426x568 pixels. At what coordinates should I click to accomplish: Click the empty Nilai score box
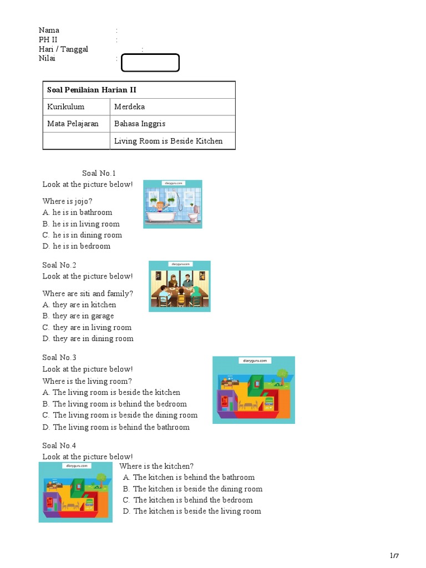click(150, 63)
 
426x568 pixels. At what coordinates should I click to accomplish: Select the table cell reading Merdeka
click(129, 106)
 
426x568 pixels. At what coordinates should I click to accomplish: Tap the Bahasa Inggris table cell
click(139, 124)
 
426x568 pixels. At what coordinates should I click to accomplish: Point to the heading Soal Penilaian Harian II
click(92, 90)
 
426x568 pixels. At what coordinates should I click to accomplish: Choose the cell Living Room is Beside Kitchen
click(168, 141)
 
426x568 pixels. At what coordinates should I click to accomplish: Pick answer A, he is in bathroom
click(77, 212)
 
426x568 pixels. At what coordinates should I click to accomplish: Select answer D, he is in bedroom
click(76, 246)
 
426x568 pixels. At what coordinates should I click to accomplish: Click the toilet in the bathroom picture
click(193, 215)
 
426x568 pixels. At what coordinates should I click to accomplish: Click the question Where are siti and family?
click(88, 293)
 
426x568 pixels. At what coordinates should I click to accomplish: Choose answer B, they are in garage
click(78, 316)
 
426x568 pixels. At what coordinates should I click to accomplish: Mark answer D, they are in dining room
click(88, 339)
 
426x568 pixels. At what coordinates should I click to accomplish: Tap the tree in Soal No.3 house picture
click(282, 374)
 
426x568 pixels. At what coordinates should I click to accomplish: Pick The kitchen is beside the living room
click(192, 511)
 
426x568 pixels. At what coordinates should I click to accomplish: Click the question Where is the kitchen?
click(156, 466)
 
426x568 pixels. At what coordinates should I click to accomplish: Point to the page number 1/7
click(394, 556)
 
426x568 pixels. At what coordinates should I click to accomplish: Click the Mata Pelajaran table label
click(73, 124)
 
